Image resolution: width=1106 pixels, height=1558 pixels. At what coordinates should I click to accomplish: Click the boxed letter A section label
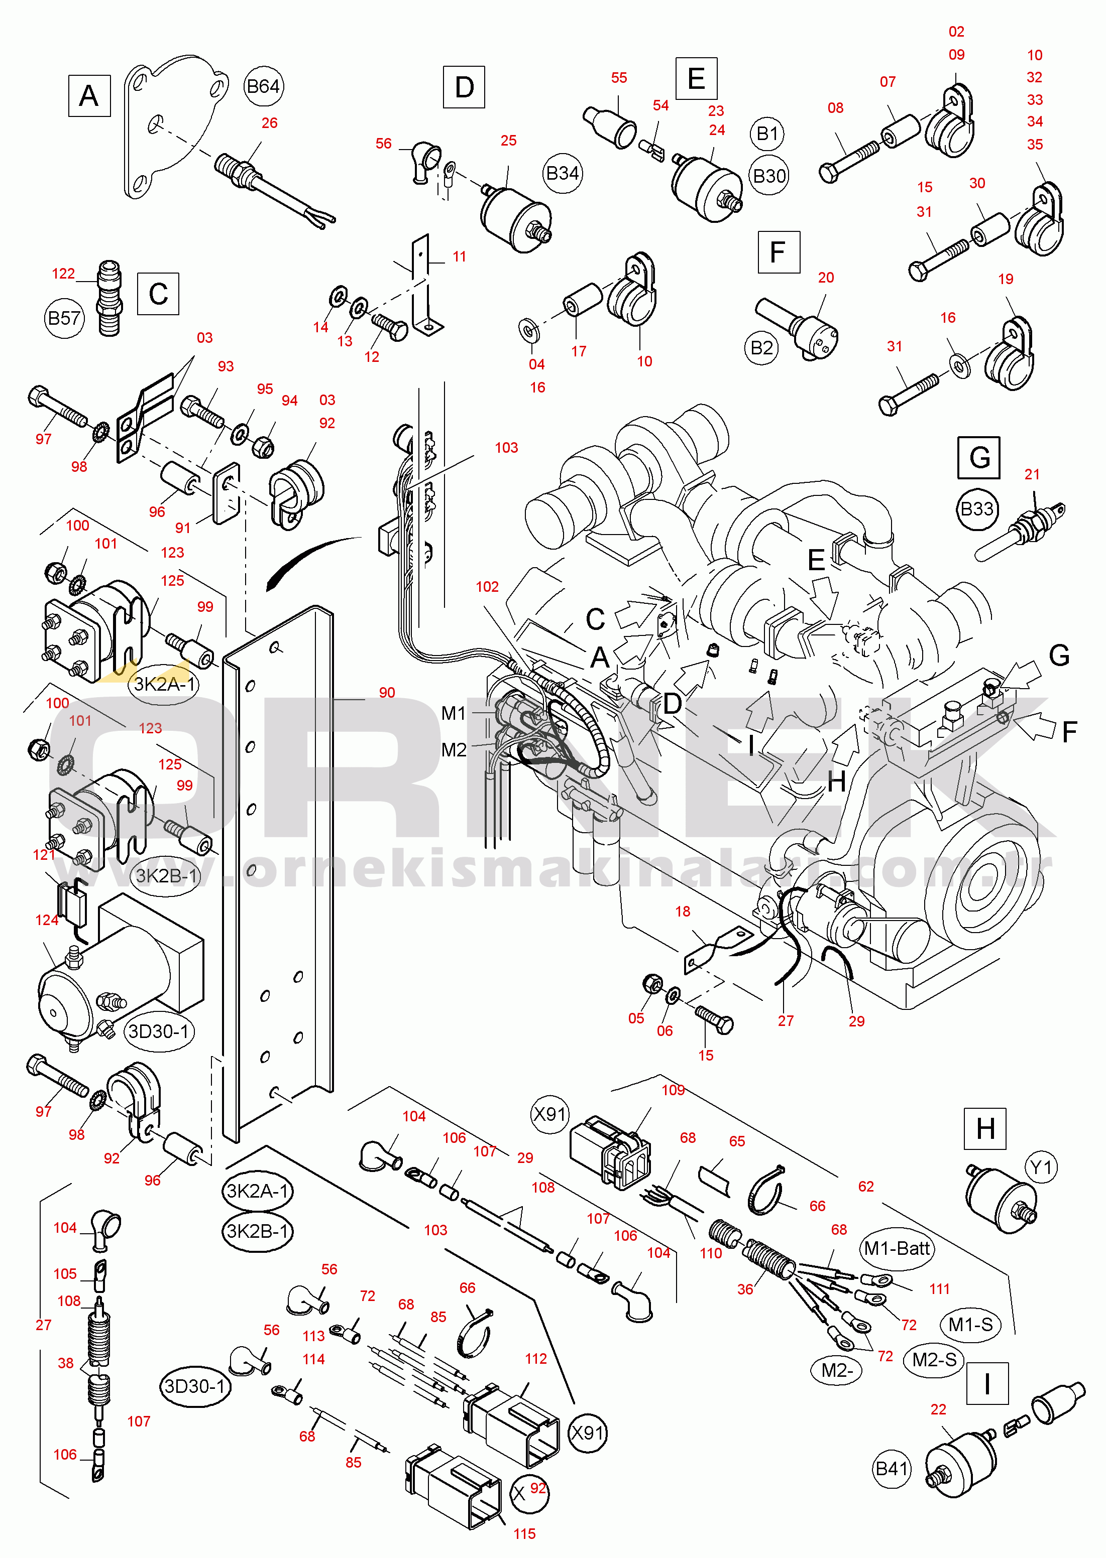[89, 96]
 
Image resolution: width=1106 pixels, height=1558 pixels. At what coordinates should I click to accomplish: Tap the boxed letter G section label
[978, 457]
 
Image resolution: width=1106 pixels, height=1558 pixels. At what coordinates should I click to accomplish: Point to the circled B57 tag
[64, 318]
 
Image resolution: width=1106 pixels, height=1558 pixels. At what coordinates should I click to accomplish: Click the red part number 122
[63, 274]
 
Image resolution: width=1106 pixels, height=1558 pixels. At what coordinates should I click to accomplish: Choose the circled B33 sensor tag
[976, 508]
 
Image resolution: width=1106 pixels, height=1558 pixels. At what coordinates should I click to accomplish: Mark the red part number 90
[387, 692]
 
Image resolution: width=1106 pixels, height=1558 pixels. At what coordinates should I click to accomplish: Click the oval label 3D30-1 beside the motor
[159, 1031]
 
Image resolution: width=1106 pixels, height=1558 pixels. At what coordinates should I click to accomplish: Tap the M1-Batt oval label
[896, 1248]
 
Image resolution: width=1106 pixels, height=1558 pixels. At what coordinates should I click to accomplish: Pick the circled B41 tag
[892, 1468]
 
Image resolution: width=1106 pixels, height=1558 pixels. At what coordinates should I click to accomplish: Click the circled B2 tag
[761, 348]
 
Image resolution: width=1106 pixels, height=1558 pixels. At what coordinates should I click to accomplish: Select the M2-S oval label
[934, 1359]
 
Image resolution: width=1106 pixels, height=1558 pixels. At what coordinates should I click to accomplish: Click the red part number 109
[673, 1090]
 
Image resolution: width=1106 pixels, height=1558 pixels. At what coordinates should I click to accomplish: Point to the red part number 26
[270, 123]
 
